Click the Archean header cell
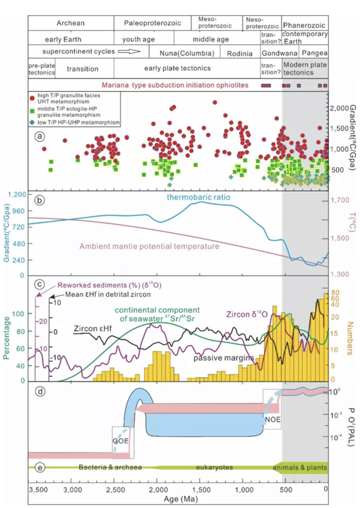point(70,23)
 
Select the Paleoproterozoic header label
point(152,23)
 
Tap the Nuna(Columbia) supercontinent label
point(187,53)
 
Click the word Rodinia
point(240,54)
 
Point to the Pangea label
point(314,53)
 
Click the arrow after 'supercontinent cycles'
point(129,51)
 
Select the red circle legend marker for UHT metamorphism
point(33,98)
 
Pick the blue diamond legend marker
point(33,123)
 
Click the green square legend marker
point(33,111)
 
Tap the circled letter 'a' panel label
point(40,136)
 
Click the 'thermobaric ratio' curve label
point(198,197)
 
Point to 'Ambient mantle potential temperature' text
point(149,246)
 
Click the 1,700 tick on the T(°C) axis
point(340,200)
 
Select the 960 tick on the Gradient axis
point(18,211)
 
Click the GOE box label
point(121,441)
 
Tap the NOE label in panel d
point(273,420)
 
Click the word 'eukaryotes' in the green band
point(214,467)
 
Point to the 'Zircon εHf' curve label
point(93,328)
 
